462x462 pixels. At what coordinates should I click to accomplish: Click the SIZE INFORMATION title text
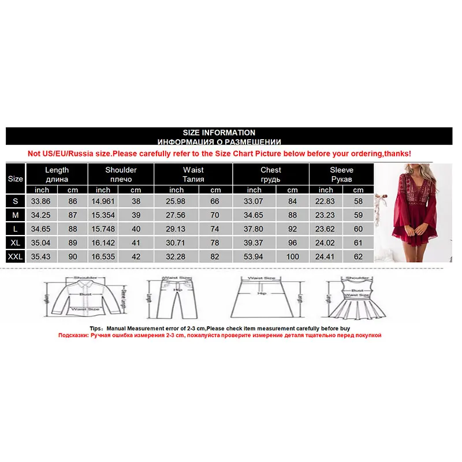tap(219, 133)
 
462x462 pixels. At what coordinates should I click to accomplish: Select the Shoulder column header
tap(121, 174)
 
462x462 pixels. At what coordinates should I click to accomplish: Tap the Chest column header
tap(270, 174)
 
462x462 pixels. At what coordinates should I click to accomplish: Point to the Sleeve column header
tap(341, 174)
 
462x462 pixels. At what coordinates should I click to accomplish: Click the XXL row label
tap(16, 256)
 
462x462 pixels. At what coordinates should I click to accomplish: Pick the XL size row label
tap(16, 243)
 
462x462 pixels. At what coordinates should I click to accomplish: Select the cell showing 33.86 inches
tap(42, 202)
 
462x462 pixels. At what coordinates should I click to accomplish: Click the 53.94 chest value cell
tap(254, 256)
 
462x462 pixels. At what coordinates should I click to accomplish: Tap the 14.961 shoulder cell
tap(103, 202)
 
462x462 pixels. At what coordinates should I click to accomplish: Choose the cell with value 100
tap(293, 256)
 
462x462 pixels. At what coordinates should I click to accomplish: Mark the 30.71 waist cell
tap(177, 243)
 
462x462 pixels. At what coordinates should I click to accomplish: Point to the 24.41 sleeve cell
tap(326, 256)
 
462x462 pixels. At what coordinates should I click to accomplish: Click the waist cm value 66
tap(215, 202)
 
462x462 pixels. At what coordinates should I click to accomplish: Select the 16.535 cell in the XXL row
tap(103, 256)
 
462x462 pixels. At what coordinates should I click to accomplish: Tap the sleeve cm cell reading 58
tap(359, 202)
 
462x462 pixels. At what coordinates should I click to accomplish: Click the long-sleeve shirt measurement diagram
tap(84, 298)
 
